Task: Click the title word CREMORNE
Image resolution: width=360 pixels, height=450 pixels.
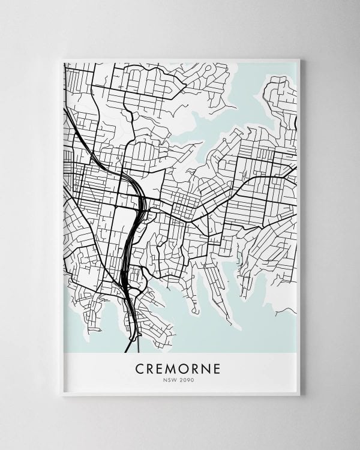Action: (180, 367)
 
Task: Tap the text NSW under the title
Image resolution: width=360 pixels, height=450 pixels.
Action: (172, 379)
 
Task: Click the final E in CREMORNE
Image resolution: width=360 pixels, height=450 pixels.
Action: (218, 367)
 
